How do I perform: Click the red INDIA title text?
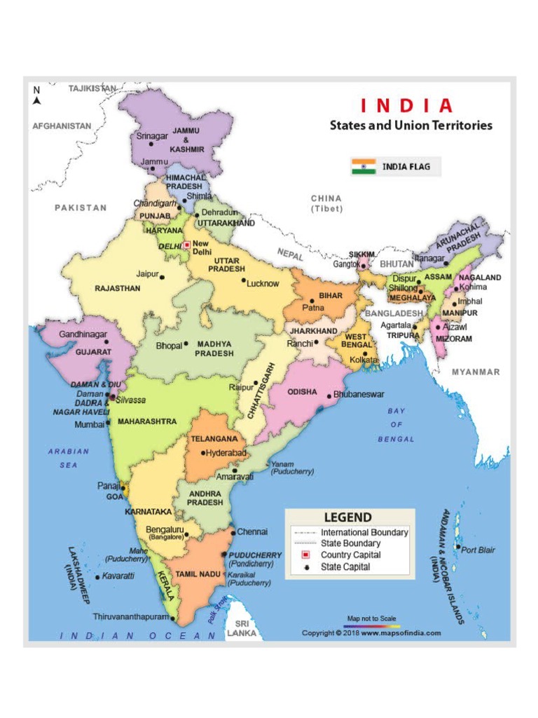[407, 106]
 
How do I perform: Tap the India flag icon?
[364, 167]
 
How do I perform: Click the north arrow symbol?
[37, 96]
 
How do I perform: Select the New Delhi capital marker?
[186, 245]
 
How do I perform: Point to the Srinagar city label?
[151, 136]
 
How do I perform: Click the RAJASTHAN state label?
[117, 288]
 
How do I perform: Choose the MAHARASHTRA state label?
[146, 421]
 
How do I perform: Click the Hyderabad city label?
[226, 453]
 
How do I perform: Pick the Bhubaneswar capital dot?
[329, 395]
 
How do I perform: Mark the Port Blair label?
[478, 550]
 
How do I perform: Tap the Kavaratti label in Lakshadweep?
[118, 576]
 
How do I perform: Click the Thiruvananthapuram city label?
[131, 617]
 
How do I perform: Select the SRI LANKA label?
[242, 628]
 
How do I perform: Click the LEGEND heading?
[347, 518]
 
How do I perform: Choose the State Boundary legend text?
[350, 543]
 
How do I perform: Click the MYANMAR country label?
[476, 372]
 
